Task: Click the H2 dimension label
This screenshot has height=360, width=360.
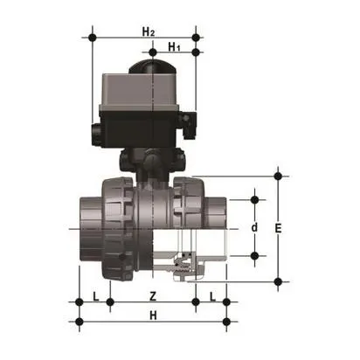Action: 148,31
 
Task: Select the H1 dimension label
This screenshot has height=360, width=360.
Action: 174,45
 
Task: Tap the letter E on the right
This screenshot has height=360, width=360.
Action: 278,228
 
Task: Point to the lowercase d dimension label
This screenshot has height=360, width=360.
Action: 254,228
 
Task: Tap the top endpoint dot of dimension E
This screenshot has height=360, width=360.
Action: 279,175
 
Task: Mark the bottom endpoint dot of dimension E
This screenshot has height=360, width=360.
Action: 279,281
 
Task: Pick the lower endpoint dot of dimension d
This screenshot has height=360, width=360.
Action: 254,256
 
